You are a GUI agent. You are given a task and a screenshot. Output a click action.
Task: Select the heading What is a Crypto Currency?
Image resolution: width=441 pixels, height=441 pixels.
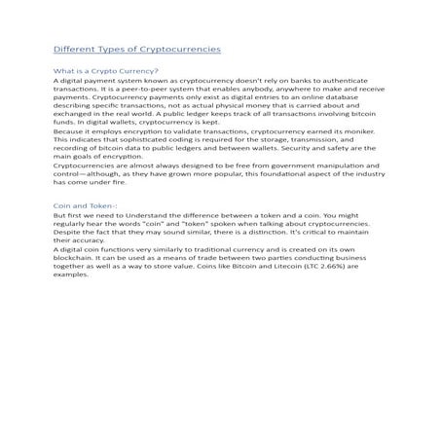tap(105, 71)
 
